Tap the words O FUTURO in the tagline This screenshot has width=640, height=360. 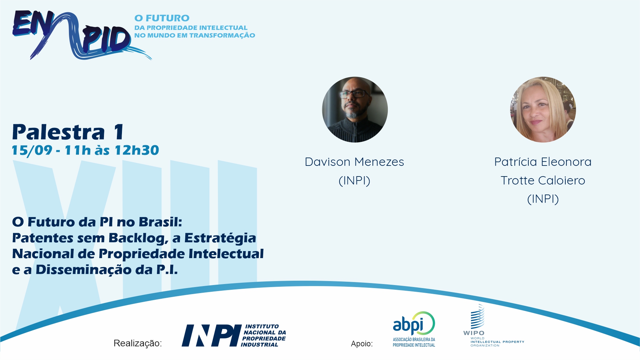coord(162,18)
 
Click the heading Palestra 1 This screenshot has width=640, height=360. coord(68,132)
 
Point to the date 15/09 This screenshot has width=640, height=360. coord(32,150)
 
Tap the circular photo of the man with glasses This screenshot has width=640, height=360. coord(355,110)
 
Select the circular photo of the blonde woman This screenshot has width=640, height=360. coord(543,110)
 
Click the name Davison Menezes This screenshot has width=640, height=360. coord(354,162)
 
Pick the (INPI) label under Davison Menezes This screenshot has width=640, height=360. coord(354,180)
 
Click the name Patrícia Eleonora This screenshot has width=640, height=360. coord(543,162)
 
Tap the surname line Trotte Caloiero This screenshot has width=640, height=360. coord(543,180)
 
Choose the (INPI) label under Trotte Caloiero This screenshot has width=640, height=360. coord(543,199)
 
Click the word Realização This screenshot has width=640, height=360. coord(138,343)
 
